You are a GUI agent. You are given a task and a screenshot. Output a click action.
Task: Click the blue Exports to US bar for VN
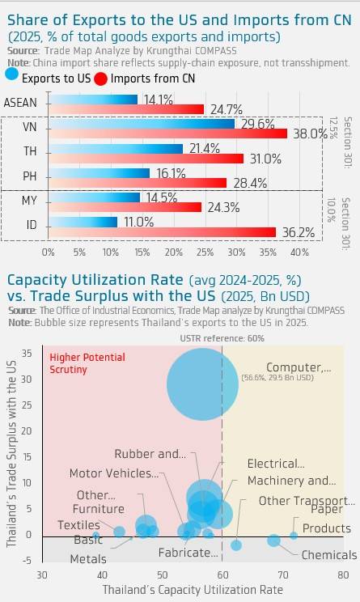(142, 124)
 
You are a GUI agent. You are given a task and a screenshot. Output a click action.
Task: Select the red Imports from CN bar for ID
(163, 232)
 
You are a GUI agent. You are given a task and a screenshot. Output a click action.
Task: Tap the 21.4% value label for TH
(204, 148)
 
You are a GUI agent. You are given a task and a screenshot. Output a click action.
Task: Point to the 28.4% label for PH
(250, 183)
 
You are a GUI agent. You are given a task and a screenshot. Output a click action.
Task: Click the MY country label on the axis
(30, 201)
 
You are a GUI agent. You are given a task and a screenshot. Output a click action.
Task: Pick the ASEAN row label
(20, 103)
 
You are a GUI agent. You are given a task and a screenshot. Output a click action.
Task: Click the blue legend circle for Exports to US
(12, 74)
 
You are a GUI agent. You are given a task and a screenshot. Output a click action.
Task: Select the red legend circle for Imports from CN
(100, 78)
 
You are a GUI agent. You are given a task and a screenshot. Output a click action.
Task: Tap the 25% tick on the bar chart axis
(205, 252)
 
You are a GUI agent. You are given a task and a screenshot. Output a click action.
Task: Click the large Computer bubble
(202, 384)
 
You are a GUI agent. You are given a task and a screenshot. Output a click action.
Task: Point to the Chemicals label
(329, 555)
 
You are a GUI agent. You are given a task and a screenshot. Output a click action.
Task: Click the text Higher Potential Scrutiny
(87, 363)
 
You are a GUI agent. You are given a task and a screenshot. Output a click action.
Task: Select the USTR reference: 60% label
(222, 338)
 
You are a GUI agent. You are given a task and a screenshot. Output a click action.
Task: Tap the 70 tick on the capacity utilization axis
(283, 574)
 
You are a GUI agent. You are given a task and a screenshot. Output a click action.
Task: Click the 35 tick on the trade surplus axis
(27, 353)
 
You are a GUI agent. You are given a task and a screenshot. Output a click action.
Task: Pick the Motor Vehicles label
(114, 473)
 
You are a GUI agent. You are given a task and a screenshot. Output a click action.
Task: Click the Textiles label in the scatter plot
(78, 525)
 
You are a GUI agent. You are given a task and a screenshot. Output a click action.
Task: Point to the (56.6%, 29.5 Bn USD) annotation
(277, 378)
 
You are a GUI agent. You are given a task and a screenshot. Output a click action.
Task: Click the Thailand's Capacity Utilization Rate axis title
(193, 589)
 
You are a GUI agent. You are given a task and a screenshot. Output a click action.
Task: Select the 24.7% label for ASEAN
(226, 110)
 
